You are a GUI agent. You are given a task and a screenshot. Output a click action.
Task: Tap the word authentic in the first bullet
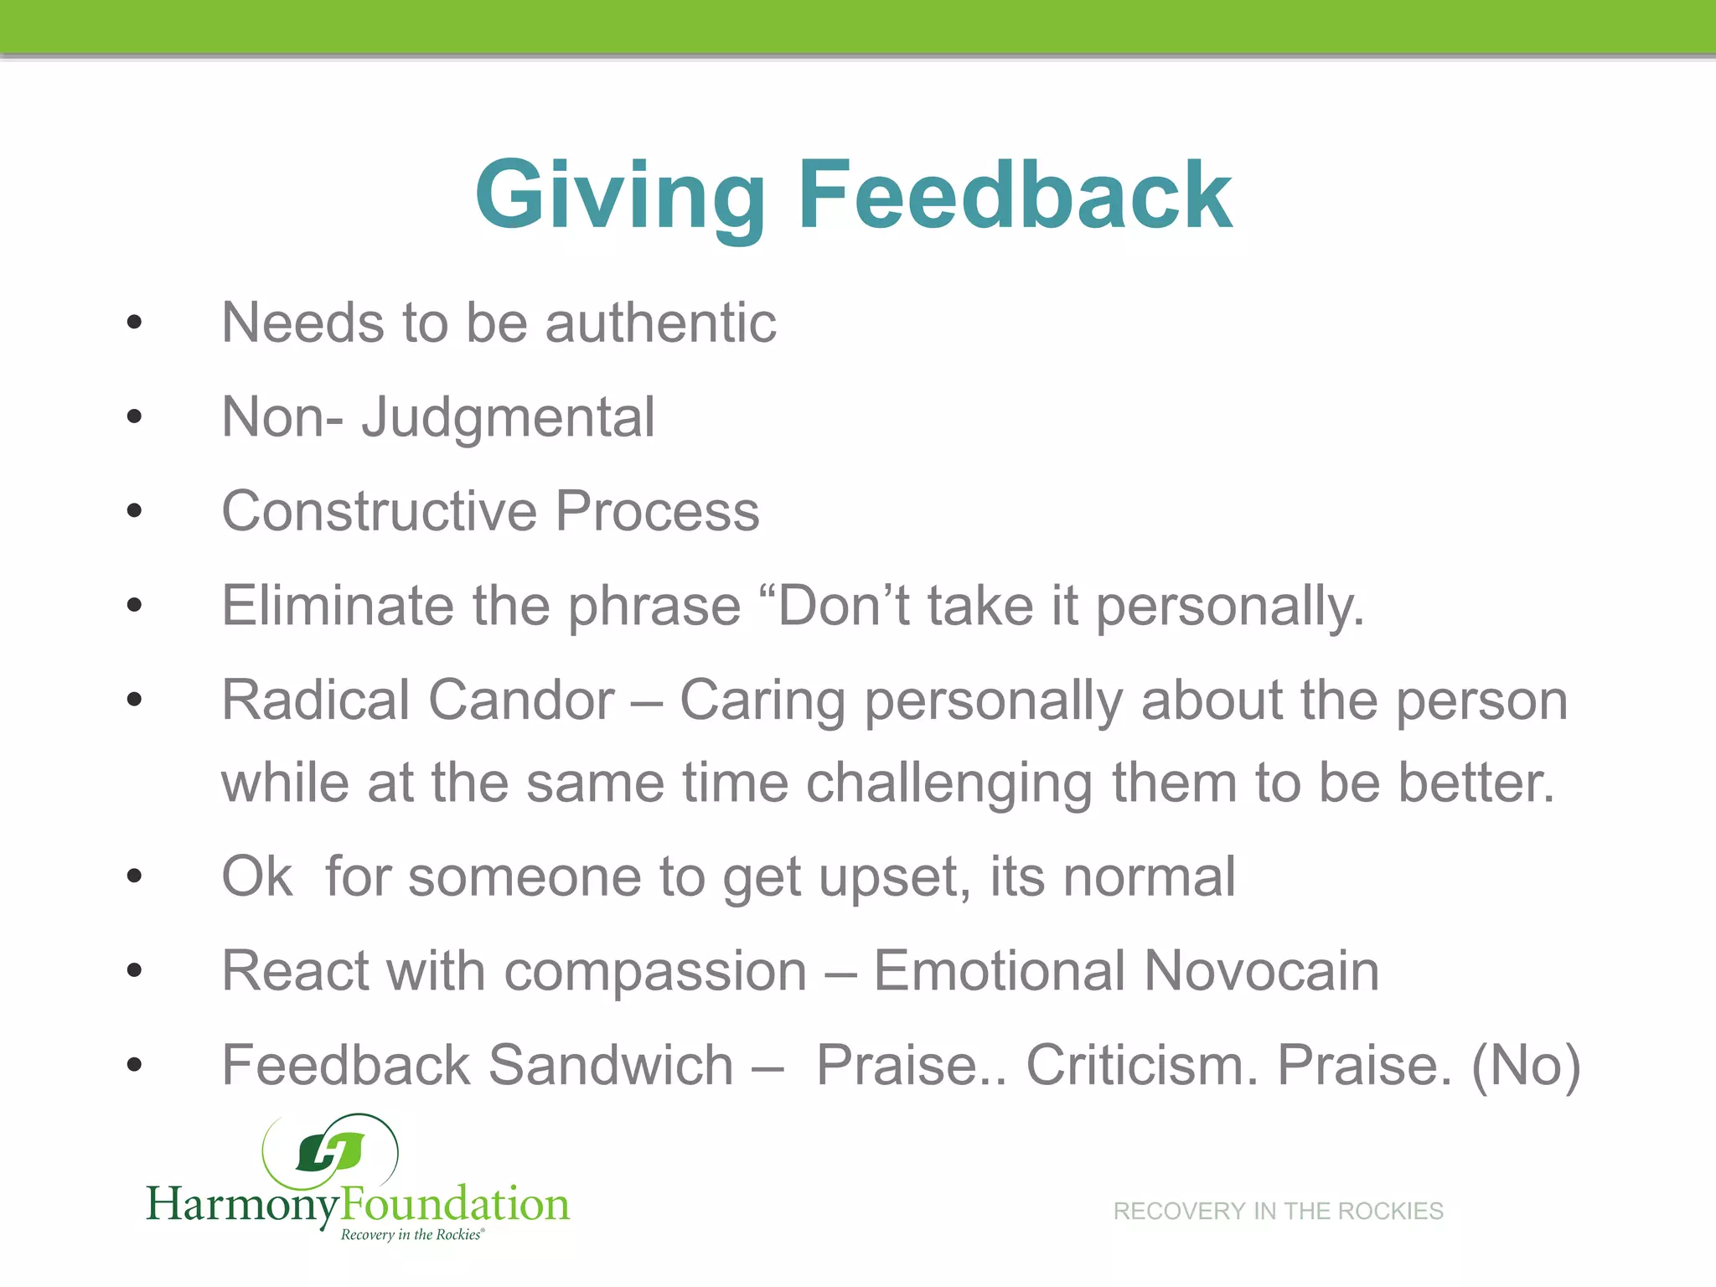click(661, 323)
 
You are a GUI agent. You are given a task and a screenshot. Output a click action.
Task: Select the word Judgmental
click(508, 417)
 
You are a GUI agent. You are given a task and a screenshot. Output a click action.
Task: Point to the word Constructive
click(379, 511)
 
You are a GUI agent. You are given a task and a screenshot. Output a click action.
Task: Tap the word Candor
click(521, 700)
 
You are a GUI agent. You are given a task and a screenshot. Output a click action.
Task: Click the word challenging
click(948, 783)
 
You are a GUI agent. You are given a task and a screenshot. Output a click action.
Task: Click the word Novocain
click(1261, 971)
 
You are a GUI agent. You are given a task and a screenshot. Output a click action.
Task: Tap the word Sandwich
click(611, 1065)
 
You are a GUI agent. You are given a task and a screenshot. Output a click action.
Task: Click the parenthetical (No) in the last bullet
click(1526, 1065)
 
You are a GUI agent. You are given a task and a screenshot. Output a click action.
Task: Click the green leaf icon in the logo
click(331, 1153)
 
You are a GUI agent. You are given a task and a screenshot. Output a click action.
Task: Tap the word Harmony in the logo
click(243, 1205)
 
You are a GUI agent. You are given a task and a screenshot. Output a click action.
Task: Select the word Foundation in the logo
click(455, 1203)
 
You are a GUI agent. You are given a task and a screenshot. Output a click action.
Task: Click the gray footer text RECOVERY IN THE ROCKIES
click(1278, 1211)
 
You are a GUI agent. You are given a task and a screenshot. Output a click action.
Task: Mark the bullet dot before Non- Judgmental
click(134, 416)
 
